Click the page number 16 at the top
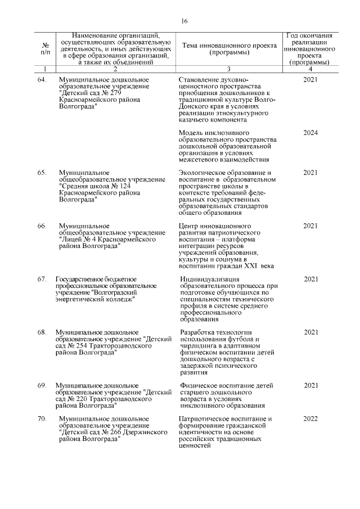coord(184,21)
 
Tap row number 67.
coord(42,280)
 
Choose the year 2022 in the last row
coord(310,419)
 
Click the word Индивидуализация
coord(210,280)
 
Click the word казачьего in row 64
coord(195,120)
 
